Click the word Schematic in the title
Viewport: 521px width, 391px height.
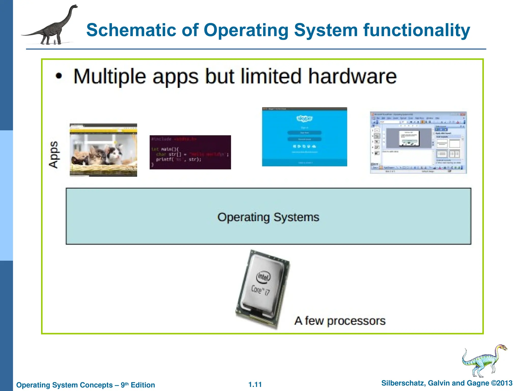[x=131, y=30]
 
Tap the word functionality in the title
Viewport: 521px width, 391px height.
[x=416, y=30]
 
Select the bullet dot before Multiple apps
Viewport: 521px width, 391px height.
[x=59, y=76]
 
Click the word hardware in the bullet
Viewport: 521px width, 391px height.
[x=352, y=76]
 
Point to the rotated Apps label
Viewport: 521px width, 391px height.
[x=53, y=155]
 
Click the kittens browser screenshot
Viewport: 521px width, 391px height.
[x=103, y=150]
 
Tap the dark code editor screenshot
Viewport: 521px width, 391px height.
[x=190, y=152]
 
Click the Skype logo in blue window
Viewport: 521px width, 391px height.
[x=304, y=119]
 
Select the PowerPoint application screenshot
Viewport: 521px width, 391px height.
[x=418, y=143]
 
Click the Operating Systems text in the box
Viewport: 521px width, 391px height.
[x=268, y=217]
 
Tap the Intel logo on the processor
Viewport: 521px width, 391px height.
[x=263, y=277]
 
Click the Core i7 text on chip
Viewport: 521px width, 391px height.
[x=260, y=290]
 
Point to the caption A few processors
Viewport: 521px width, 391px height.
[x=340, y=321]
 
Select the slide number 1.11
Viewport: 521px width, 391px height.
[x=255, y=384]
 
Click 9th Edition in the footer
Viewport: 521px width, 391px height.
[x=138, y=385]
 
